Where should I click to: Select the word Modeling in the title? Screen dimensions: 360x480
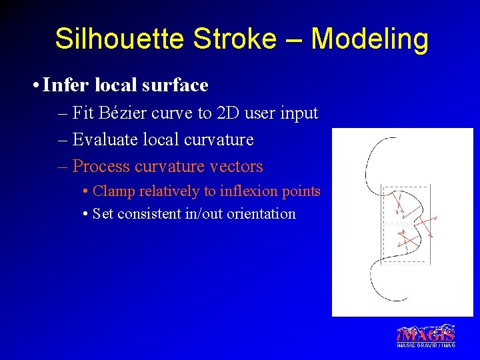point(369,39)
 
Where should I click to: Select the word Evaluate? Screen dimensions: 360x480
point(102,140)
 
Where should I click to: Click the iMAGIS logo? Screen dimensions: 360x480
point(426,333)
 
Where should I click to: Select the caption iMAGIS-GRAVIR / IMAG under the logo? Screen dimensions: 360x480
point(426,345)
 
